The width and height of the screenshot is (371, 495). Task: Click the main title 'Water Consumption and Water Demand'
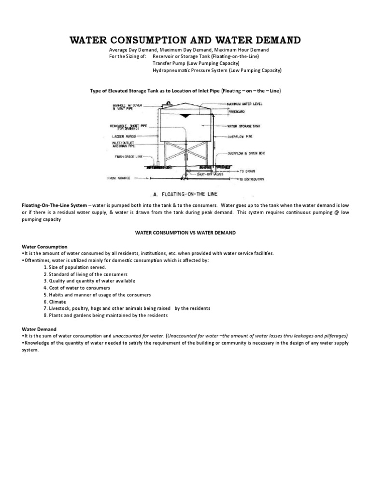tap(185, 40)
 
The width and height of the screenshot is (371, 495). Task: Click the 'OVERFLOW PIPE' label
tap(241, 137)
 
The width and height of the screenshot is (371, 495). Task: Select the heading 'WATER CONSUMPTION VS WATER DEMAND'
tap(185, 233)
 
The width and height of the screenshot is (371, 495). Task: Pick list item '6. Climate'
tap(56, 301)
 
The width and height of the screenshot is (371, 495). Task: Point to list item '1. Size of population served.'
tap(74, 267)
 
